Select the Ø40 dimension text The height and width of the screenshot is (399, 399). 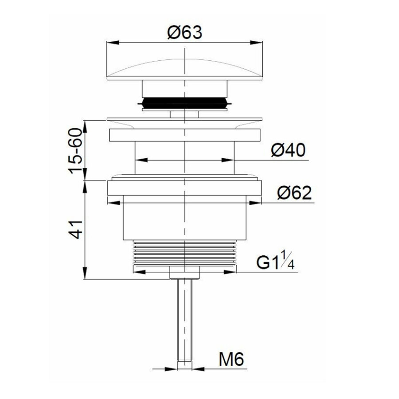pyautogui.click(x=288, y=151)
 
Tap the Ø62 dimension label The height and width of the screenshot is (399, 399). pyautogui.click(x=294, y=193)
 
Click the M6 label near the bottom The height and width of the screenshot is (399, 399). pyautogui.click(x=231, y=360)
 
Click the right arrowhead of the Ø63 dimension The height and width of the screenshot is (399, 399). pyautogui.click(x=256, y=43)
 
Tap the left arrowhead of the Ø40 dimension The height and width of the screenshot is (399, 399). pyautogui.click(x=140, y=160)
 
